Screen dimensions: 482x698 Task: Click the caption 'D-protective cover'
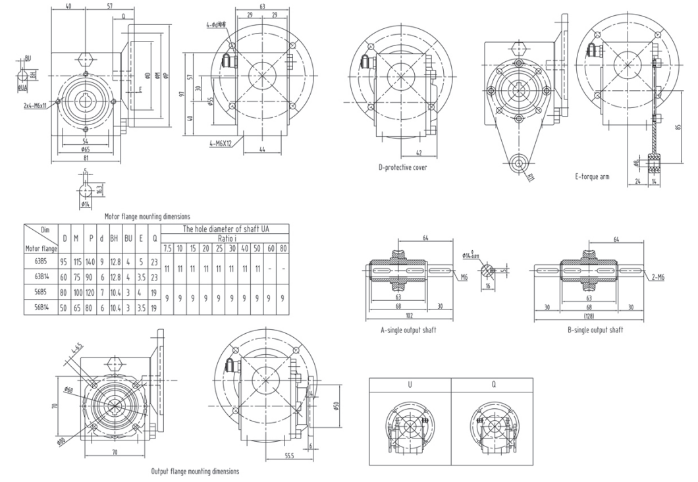click(x=402, y=167)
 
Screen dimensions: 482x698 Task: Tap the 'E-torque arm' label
click(x=591, y=176)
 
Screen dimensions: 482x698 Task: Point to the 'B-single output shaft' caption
click(x=595, y=330)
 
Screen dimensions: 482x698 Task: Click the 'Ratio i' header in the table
click(x=225, y=238)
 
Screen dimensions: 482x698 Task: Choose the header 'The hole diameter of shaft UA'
click(x=225, y=229)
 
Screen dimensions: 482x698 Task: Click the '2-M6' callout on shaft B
click(x=657, y=278)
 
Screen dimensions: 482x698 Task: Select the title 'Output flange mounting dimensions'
click(x=195, y=471)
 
